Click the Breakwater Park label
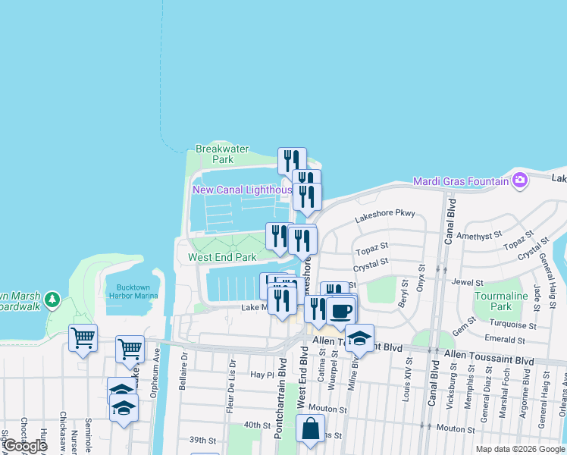pos(222,155)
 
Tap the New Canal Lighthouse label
pos(242,190)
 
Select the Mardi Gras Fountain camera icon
pos(520,180)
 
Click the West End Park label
pos(222,257)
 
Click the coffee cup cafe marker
pos(341,310)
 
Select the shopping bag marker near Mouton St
pos(310,429)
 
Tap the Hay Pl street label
pos(262,375)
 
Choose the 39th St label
pos(202,440)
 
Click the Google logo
pos(24,446)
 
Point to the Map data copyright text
pos(519,449)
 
